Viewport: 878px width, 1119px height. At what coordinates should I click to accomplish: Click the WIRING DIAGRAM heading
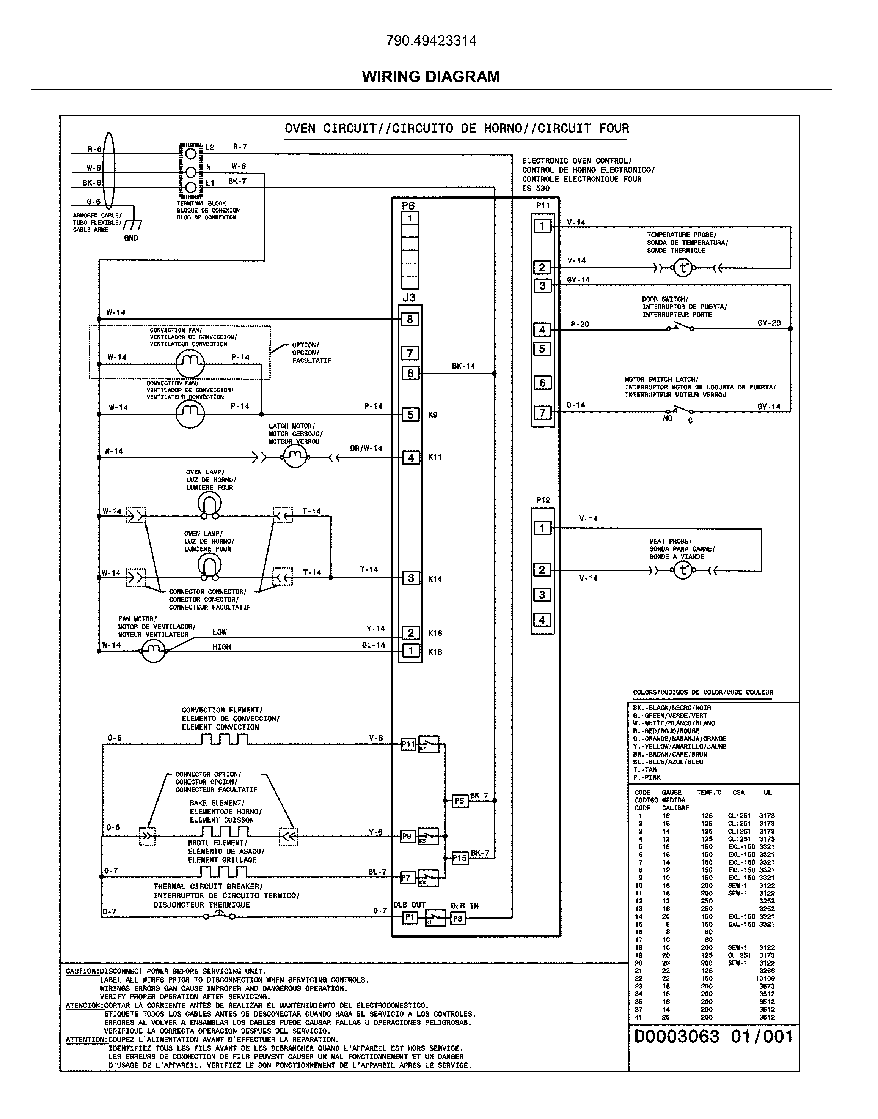tap(431, 77)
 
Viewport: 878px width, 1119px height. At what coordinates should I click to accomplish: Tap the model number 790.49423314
tap(431, 41)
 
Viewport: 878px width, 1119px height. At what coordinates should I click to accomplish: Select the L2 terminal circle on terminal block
tap(191, 153)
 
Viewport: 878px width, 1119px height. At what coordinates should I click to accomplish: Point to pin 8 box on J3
tap(410, 320)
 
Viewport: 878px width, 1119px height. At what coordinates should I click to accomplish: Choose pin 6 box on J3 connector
tap(410, 373)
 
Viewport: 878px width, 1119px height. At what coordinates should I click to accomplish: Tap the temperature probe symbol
tap(683, 268)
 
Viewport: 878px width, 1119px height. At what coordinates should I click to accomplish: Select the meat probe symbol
tap(683, 571)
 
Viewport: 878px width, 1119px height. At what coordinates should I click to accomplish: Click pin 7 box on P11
tap(542, 413)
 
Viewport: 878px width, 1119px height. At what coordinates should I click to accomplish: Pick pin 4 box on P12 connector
tap(542, 620)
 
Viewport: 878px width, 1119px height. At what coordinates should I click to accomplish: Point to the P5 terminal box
tap(460, 801)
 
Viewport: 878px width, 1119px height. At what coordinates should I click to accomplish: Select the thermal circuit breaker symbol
tap(219, 915)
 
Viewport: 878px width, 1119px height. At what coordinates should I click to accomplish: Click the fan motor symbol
tap(153, 652)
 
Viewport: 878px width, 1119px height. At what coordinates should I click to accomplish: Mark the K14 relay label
tap(435, 579)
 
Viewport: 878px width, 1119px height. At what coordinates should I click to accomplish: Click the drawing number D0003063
tap(677, 1037)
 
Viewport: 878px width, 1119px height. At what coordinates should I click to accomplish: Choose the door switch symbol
tap(680, 327)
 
